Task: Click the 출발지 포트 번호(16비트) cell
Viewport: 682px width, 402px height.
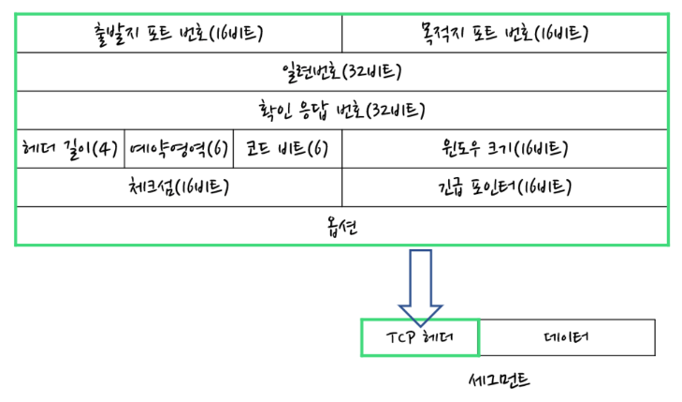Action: [179, 35]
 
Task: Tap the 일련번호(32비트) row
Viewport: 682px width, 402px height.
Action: [341, 72]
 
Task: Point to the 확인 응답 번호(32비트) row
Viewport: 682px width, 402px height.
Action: [341, 111]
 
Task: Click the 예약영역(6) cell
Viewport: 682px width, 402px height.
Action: [178, 149]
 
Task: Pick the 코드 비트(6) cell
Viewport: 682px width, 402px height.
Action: [286, 149]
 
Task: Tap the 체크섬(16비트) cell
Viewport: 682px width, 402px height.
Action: [179, 186]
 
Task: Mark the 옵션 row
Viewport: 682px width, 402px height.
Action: [341, 226]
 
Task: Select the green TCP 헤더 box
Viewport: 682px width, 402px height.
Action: [419, 337]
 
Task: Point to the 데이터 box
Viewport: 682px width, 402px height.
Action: [565, 337]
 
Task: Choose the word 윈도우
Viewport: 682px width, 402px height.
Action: [464, 149]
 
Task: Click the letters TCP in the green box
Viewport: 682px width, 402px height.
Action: [399, 337]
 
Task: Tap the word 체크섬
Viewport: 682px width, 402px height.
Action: [151, 186]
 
